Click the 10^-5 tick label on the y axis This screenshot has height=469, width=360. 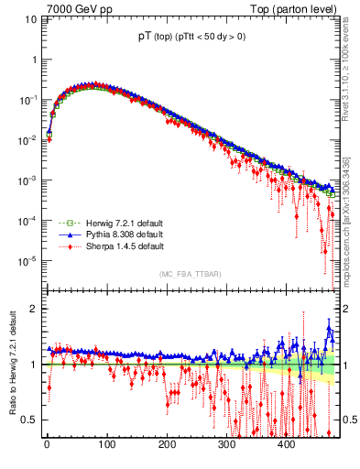[x=29, y=261]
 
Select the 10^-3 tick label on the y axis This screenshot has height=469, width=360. [x=29, y=180]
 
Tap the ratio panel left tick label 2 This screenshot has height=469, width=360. [x=34, y=309]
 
